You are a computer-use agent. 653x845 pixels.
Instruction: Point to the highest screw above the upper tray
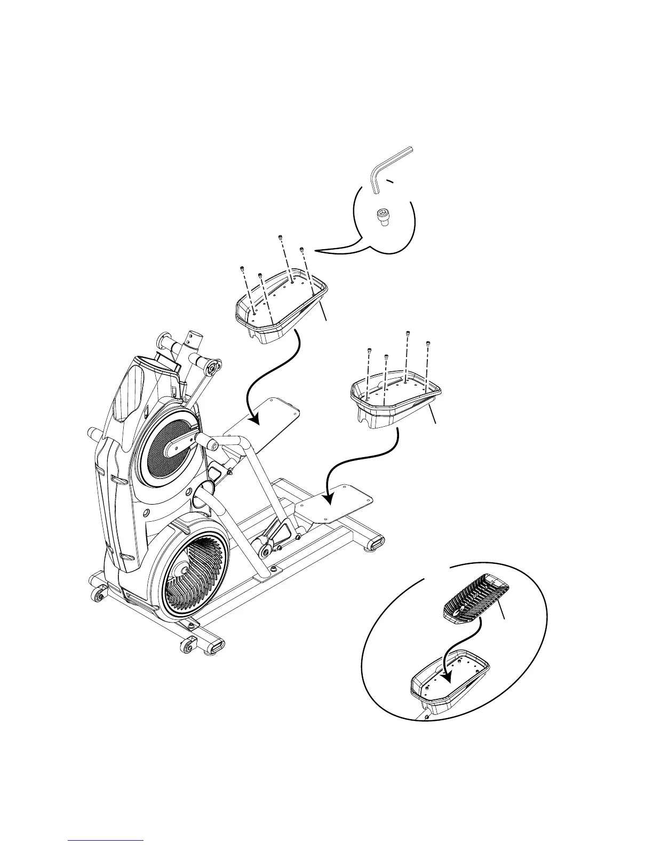coord(280,237)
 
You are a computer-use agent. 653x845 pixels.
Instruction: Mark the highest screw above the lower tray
coord(408,333)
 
